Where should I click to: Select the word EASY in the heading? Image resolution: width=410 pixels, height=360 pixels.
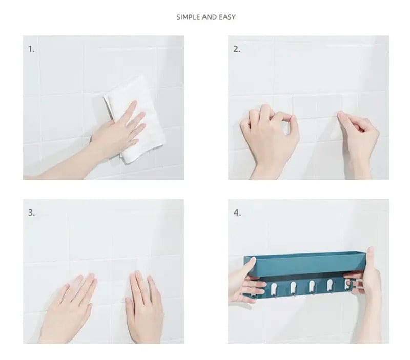pyautogui.click(x=227, y=17)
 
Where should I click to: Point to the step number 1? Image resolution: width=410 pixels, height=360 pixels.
pyautogui.click(x=31, y=49)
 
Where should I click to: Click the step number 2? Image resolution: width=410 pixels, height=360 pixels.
pyautogui.click(x=237, y=49)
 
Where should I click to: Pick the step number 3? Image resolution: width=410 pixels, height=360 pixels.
pyautogui.click(x=31, y=213)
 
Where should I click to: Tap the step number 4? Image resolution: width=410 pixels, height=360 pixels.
pyautogui.click(x=237, y=213)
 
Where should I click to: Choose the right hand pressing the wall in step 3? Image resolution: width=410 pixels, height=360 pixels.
pyautogui.click(x=145, y=308)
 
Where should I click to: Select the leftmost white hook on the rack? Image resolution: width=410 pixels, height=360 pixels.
pyautogui.click(x=274, y=288)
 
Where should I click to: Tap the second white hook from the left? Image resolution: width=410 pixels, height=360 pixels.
pyautogui.click(x=293, y=287)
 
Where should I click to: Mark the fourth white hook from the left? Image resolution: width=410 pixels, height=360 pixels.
pyautogui.click(x=330, y=285)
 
